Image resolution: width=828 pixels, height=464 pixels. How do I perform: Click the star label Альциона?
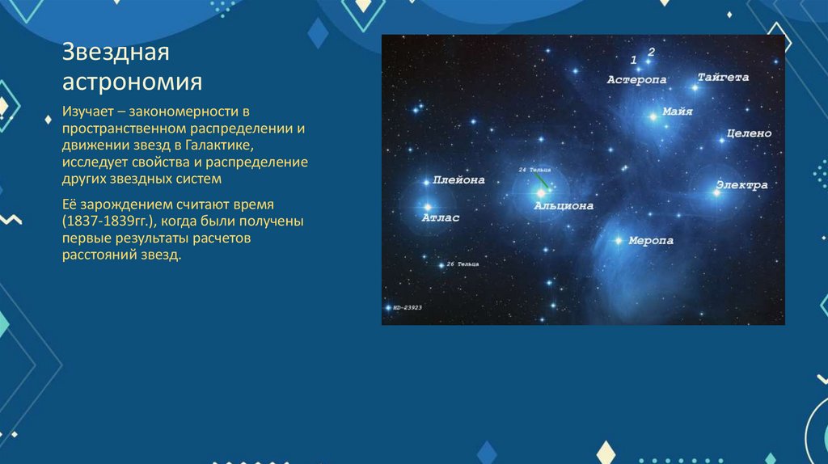(563, 206)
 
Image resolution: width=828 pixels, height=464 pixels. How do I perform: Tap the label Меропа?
(651, 241)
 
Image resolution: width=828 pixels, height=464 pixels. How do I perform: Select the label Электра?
(741, 186)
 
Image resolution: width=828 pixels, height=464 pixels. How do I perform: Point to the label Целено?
(749, 133)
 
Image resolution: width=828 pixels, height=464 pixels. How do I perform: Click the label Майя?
(677, 112)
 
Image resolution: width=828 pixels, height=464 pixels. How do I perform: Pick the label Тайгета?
(723, 78)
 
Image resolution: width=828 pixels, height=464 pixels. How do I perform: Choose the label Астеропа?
(637, 79)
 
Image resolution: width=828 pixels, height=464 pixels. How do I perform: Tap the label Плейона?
(458, 180)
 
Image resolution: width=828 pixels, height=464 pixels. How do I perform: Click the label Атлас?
(441, 218)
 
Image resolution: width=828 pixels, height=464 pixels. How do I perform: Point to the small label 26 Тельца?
(463, 264)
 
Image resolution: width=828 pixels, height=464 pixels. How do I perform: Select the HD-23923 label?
(408, 308)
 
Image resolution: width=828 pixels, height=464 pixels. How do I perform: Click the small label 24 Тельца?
(535, 170)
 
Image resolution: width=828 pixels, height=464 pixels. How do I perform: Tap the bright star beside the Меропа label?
(619, 240)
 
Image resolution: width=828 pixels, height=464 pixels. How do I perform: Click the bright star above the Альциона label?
(540, 192)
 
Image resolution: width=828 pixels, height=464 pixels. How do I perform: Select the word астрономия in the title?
(133, 82)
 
